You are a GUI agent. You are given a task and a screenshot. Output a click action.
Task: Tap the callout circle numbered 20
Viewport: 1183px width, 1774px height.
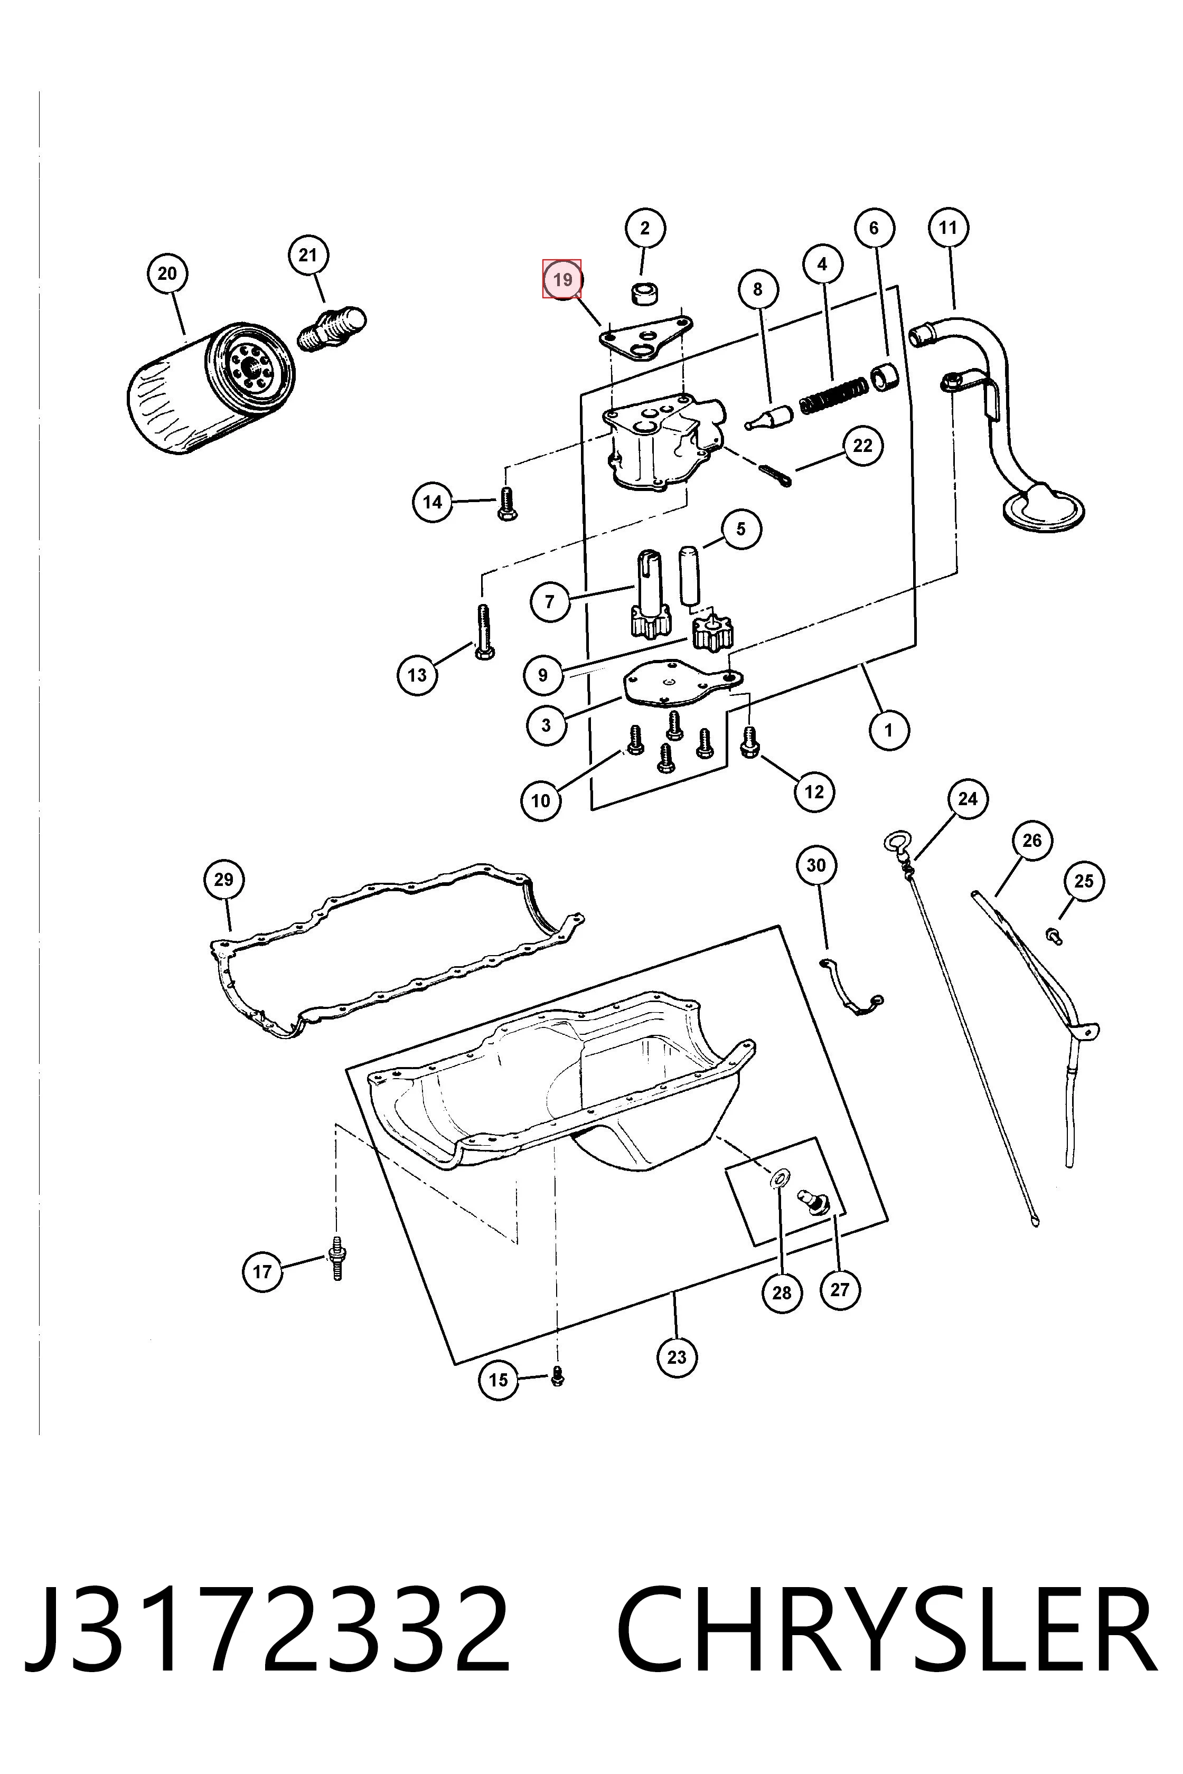pyautogui.click(x=167, y=273)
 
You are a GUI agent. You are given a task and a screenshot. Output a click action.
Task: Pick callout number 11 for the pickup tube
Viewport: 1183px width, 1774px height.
pyautogui.click(x=949, y=228)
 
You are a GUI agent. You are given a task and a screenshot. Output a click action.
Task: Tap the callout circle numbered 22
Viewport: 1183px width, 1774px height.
pyautogui.click(x=862, y=446)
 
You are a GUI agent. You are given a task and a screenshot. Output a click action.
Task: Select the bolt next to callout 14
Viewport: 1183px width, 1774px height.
pyautogui.click(x=506, y=503)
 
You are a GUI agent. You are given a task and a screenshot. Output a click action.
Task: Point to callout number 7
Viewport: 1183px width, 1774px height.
pyautogui.click(x=550, y=601)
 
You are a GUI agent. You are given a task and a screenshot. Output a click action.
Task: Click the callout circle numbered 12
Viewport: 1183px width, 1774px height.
pyautogui.click(x=814, y=791)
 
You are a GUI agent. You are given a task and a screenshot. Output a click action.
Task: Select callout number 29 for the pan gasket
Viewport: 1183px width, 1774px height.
pyautogui.click(x=224, y=880)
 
